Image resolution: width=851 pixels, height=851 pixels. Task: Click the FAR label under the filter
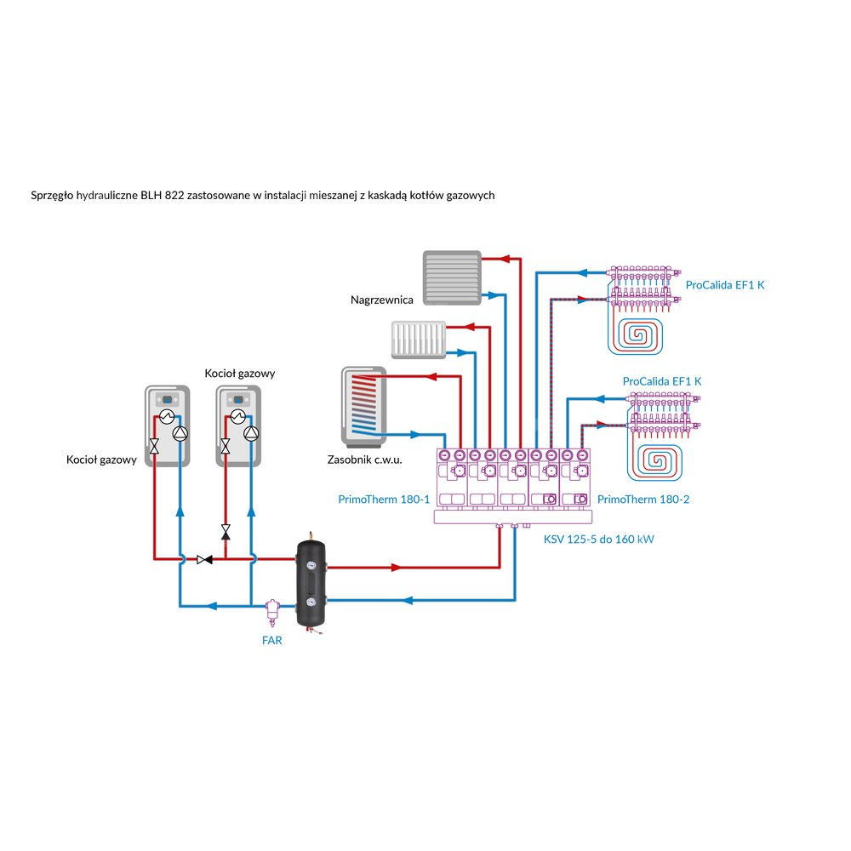(271, 641)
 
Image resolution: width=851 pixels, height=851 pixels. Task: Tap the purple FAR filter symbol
(273, 609)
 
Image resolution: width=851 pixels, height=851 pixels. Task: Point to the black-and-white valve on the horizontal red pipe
(204, 559)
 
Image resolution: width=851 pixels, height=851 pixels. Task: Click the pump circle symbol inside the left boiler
(180, 432)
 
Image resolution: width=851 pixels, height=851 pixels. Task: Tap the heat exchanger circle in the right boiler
(237, 416)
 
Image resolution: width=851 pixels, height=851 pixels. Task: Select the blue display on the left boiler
(168, 398)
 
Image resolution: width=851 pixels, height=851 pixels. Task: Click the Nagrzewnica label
(382, 300)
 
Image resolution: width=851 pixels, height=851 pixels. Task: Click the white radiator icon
(420, 339)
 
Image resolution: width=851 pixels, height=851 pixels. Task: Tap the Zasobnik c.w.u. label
(364, 460)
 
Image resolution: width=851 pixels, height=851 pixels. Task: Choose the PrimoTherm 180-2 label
(643, 500)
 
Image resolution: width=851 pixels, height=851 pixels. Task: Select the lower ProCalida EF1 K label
(662, 381)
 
